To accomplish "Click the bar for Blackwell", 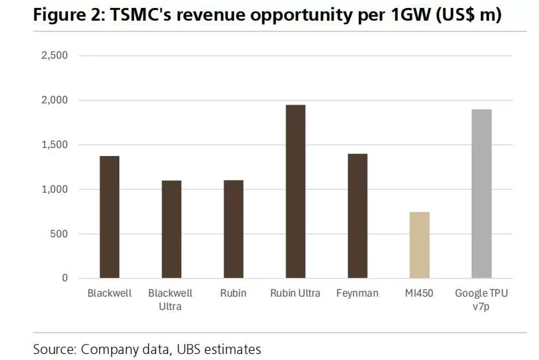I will [109, 217].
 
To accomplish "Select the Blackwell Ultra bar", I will [171, 229].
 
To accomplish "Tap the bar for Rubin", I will [233, 229].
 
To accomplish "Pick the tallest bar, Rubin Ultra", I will [296, 191].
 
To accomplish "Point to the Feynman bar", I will [358, 216].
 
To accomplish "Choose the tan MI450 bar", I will [420, 245].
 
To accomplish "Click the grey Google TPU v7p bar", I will [482, 193].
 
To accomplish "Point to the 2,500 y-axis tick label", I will [55, 55].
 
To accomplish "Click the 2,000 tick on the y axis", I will [55, 100].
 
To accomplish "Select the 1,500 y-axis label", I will [55, 145].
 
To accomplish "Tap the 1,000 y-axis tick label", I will [55, 189].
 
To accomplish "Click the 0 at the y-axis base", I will [65, 278].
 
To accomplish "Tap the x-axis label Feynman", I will [358, 293].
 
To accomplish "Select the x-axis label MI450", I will [420, 293].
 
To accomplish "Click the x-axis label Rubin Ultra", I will [296, 293].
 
